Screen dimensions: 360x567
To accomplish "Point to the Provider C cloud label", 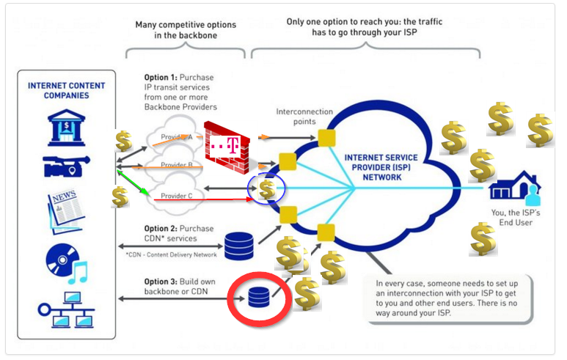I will [x=178, y=196].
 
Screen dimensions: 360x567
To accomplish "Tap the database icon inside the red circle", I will [x=258, y=298].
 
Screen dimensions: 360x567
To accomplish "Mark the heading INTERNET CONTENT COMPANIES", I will [x=66, y=90].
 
